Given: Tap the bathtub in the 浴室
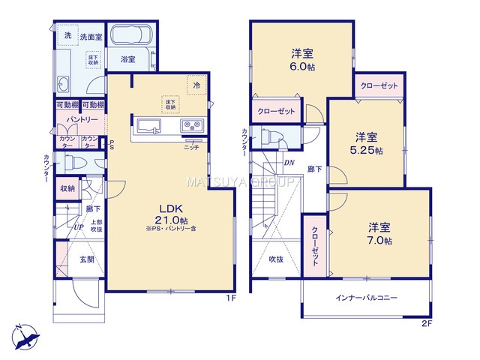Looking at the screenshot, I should [x=132, y=37].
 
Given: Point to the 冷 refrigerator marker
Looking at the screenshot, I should [x=196, y=85].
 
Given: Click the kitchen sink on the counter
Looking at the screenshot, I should [x=148, y=124].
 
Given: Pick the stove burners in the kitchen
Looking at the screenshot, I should [x=190, y=125].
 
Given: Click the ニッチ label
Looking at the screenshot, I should [x=191, y=146].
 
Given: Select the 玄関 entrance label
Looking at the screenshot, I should [x=86, y=259].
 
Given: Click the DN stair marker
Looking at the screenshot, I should [x=288, y=163].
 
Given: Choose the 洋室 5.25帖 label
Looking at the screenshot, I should [x=367, y=142].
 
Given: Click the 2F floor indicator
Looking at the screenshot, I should [x=426, y=324].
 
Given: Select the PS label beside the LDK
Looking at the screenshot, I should [x=111, y=144].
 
